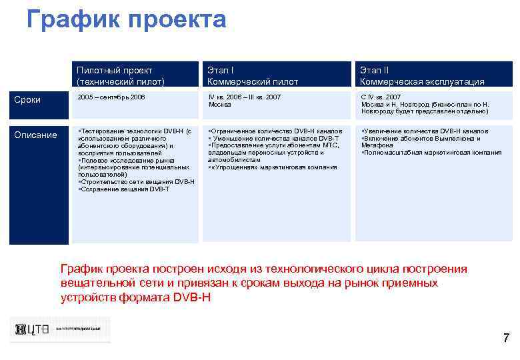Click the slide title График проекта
pyautogui.click(x=127, y=19)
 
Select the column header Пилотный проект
pyautogui.click(x=115, y=70)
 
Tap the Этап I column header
pyautogui.click(x=221, y=70)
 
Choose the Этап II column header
pyautogui.click(x=375, y=70)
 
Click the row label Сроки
pyautogui.click(x=28, y=100)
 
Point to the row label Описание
pyautogui.click(x=36, y=135)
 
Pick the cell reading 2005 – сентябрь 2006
pyautogui.click(x=111, y=97)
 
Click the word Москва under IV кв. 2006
pyautogui.click(x=220, y=105)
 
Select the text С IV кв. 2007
pyautogui.click(x=381, y=97)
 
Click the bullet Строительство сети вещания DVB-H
pyautogui.click(x=137, y=181)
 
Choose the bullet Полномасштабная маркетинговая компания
pyautogui.click(x=433, y=153)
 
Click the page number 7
pyautogui.click(x=506, y=338)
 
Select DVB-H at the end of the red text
pyautogui.click(x=191, y=297)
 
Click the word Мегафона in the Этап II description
pyautogui.click(x=377, y=145)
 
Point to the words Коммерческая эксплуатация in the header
pyautogui.click(x=422, y=81)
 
